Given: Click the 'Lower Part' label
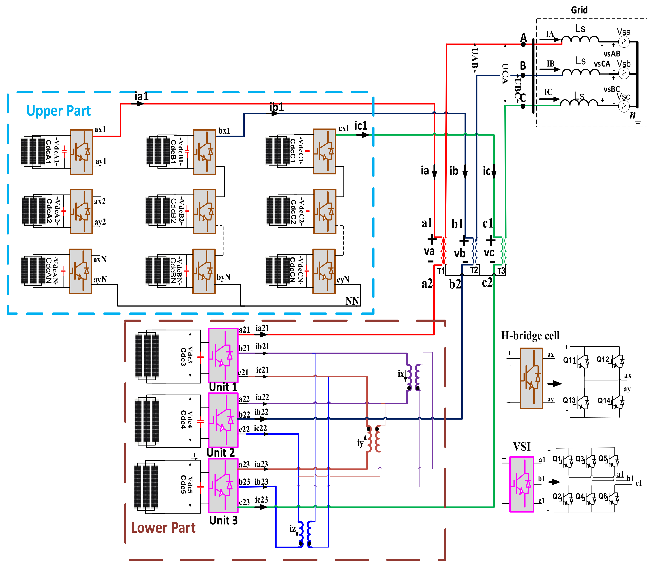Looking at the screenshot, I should [163, 528].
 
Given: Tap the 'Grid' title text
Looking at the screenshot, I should [579, 10].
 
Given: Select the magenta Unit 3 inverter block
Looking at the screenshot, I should [223, 485].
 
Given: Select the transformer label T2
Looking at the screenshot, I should [474, 270].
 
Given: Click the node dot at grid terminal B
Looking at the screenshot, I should [523, 75].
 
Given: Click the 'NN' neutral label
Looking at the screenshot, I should [352, 301].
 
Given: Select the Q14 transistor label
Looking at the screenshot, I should [604, 401].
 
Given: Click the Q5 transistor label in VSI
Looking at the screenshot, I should [602, 458].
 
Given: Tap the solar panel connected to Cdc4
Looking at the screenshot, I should [147, 421].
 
